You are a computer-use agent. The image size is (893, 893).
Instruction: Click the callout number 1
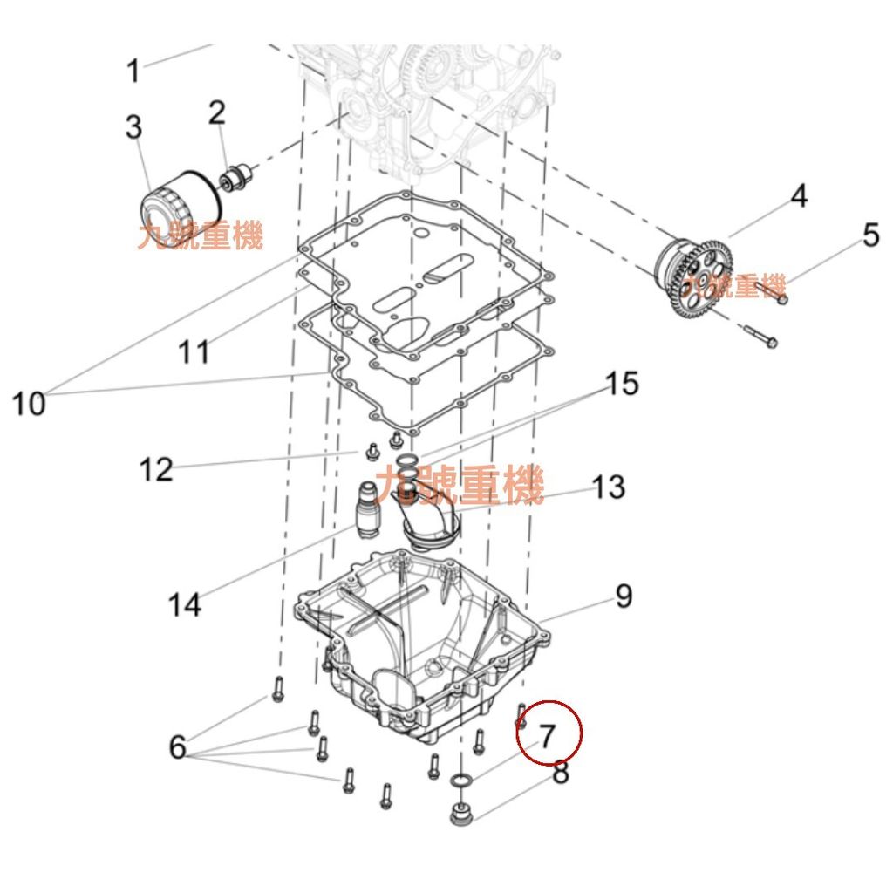pos(133,71)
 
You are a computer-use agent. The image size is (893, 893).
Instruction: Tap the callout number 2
pos(217,112)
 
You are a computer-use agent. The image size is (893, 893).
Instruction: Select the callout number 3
pos(133,126)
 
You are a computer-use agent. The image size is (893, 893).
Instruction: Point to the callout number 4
pos(799,195)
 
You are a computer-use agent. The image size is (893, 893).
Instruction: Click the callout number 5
pos(871,235)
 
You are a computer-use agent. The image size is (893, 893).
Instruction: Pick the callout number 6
pos(178,746)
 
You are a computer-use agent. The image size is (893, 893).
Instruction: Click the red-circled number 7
pos(548,735)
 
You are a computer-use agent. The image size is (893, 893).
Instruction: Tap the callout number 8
pos(561,773)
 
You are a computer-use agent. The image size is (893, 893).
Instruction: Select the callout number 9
pos(624,596)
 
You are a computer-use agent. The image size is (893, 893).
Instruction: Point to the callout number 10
pos(29,404)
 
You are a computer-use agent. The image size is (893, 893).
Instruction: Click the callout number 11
pos(194,352)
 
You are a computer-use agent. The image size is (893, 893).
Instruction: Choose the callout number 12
pos(156,470)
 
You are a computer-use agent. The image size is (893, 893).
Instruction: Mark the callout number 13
pos(609,487)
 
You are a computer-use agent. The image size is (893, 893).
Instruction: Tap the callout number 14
pos(185,604)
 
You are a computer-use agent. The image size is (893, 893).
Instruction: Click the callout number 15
pos(622,384)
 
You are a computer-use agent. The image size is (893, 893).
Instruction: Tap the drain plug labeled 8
pos(460,814)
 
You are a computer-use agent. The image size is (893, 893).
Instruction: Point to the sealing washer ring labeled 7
pos(460,780)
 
